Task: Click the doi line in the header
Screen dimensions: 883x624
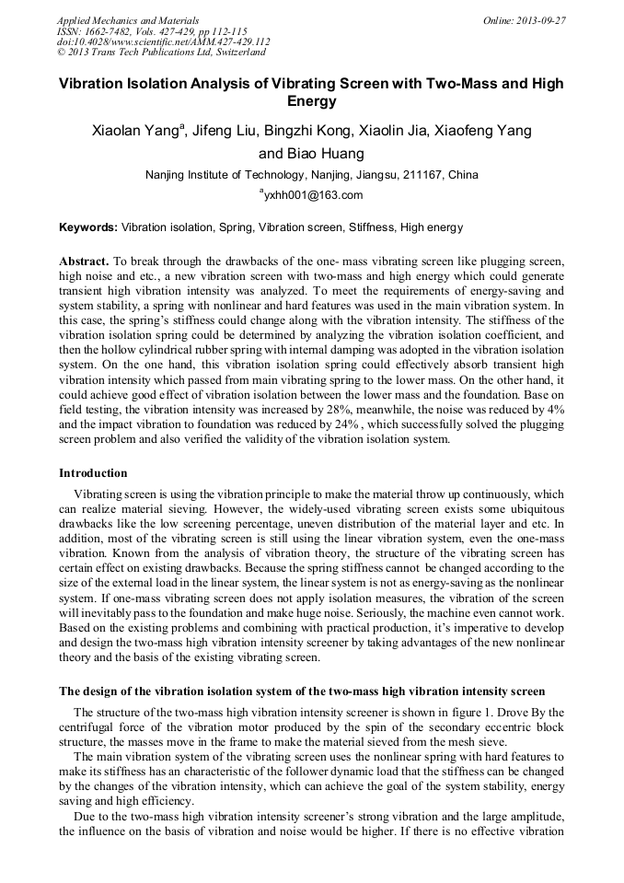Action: click(x=163, y=41)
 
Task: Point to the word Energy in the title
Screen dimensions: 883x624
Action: click(x=311, y=101)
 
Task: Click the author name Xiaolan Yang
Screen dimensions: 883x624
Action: click(x=135, y=131)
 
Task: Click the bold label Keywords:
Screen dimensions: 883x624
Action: click(x=88, y=227)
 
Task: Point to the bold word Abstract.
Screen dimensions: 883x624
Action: click(x=84, y=261)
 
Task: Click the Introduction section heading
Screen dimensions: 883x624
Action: click(x=93, y=473)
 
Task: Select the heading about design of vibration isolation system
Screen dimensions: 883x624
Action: click(x=302, y=691)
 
